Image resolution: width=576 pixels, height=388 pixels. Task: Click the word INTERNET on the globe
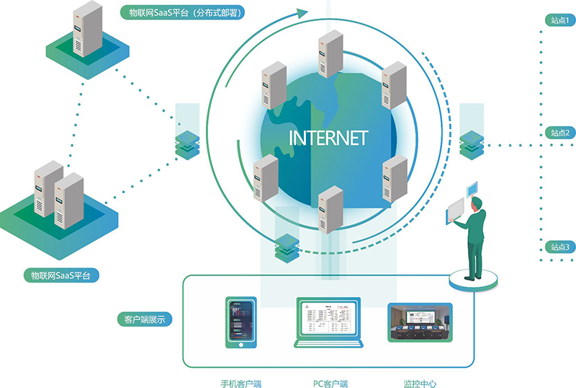[328, 138]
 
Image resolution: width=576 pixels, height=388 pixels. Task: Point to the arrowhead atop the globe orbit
[300, 12]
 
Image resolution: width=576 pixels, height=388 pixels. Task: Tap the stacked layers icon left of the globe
[187, 143]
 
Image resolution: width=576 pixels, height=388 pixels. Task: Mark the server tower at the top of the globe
[328, 52]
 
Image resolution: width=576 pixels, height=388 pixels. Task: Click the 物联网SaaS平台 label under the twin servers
[61, 275]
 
